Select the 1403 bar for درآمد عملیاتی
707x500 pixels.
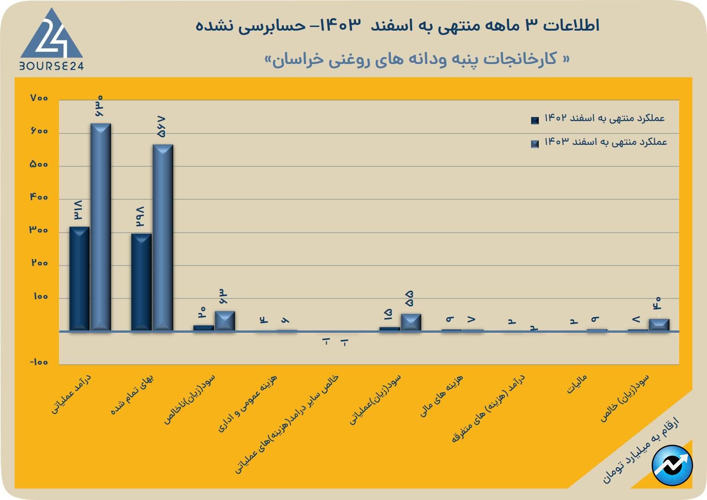[x=101, y=227]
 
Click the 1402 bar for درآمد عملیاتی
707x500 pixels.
[x=79, y=278]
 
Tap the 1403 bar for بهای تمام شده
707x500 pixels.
[x=163, y=237]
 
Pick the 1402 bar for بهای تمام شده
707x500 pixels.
[x=141, y=282]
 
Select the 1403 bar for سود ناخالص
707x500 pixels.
[x=225, y=321]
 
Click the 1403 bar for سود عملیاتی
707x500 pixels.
[x=411, y=322]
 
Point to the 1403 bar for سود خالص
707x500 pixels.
[x=659, y=324]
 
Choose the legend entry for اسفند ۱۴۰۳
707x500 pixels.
[x=599, y=143]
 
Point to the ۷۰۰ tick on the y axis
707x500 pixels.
[x=39, y=98]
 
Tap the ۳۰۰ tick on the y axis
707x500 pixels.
[x=39, y=230]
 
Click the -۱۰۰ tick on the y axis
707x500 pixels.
[x=39, y=362]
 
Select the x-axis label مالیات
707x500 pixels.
[x=577, y=384]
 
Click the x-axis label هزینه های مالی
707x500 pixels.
[x=442, y=395]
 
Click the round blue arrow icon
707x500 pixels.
[x=672, y=465]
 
